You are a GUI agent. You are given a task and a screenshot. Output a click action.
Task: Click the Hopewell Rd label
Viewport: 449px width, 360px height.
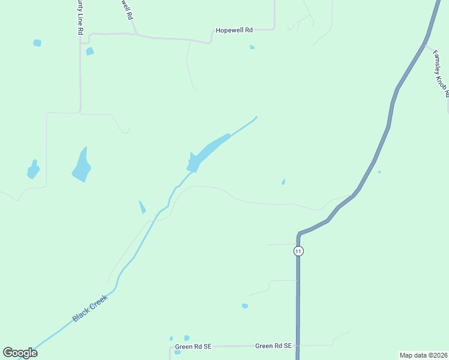coord(235,29)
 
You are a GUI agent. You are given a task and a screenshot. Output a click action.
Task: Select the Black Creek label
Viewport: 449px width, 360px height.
coord(89,308)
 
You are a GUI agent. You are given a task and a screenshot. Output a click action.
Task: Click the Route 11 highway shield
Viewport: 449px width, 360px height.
coord(298,251)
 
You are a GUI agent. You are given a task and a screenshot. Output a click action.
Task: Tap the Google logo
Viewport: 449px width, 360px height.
coord(20,353)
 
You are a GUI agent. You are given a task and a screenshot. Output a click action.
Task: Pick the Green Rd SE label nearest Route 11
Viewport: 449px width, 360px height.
coord(273,346)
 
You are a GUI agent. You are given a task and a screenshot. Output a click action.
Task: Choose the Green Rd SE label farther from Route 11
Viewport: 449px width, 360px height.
coord(193,347)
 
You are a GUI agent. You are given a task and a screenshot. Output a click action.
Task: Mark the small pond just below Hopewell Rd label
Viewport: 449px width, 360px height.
coord(252,47)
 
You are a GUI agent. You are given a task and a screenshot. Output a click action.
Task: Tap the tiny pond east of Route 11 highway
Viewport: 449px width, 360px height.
coord(379,172)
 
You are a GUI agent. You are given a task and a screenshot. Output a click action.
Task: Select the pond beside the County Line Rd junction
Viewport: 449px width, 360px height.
coord(89,52)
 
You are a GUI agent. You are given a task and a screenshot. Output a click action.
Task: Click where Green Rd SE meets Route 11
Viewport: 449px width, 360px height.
coord(298,346)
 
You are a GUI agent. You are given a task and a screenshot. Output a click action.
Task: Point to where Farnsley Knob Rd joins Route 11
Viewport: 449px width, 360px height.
coord(425,46)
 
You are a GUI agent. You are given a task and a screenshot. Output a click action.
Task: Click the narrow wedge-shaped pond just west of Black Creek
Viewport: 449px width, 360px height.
coord(142,207)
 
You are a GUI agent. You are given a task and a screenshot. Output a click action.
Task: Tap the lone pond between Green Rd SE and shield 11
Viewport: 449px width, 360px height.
coord(245,306)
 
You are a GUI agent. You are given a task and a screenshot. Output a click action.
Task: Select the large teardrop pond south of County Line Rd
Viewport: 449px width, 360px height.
coord(81,166)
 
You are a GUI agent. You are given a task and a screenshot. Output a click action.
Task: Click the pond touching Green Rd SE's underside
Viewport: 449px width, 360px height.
coord(177,352)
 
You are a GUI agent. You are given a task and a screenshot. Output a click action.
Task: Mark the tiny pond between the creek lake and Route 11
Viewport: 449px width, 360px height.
coord(283,182)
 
